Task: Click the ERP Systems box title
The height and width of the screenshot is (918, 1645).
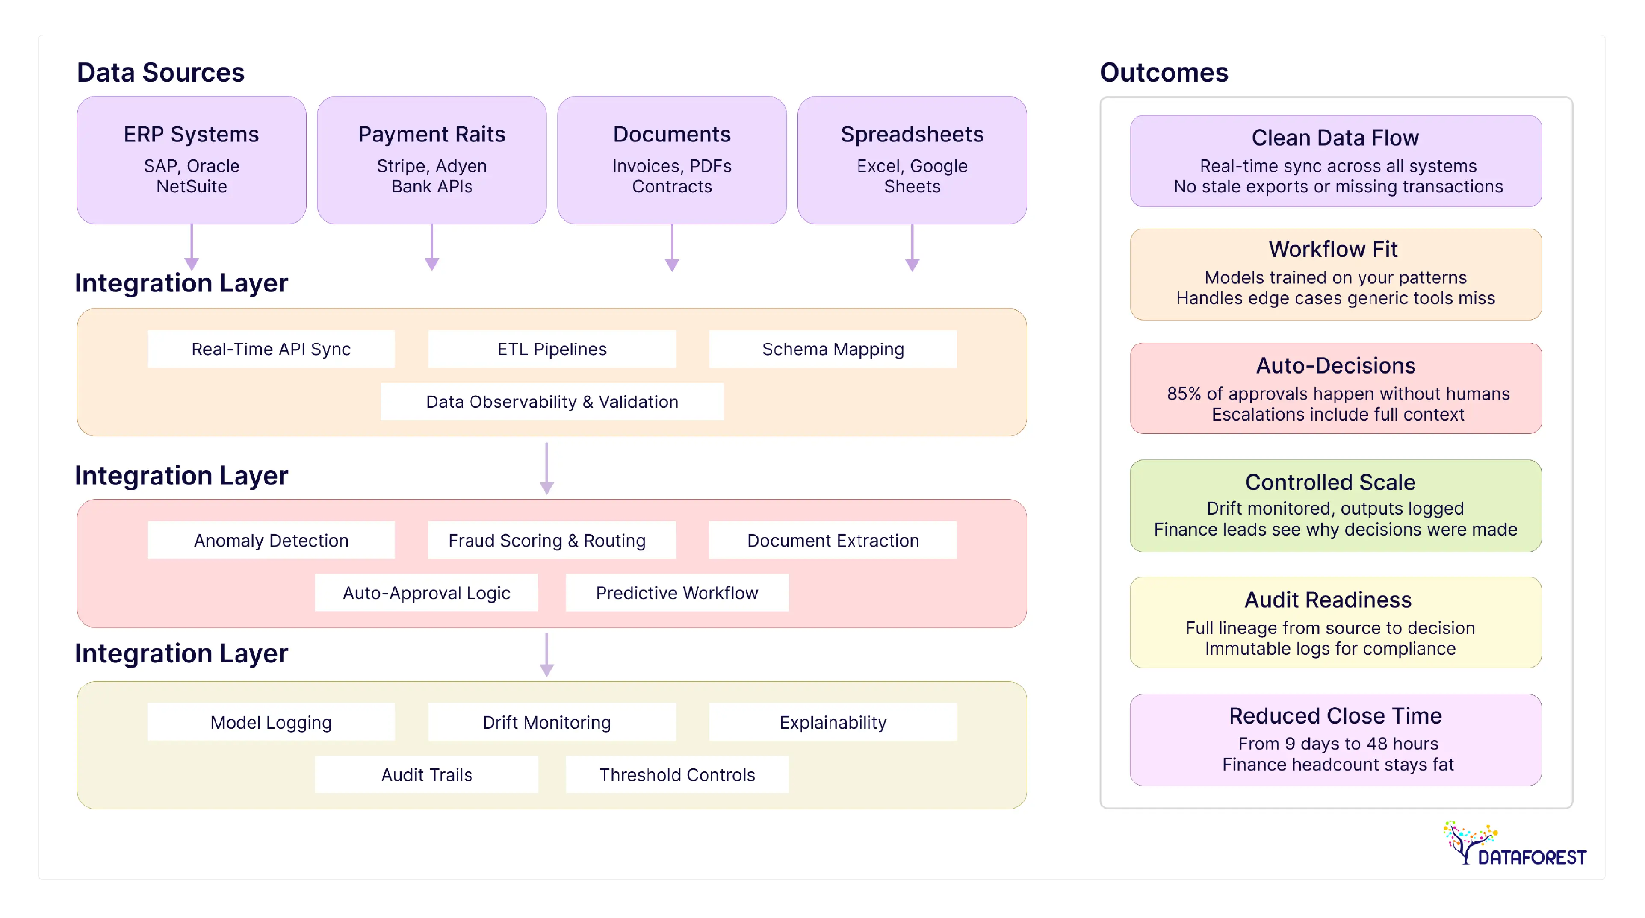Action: coord(191,134)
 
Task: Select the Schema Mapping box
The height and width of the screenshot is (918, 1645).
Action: coord(832,349)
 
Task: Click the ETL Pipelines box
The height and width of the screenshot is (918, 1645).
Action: coord(552,349)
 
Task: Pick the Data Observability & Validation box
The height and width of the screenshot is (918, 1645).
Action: coord(552,402)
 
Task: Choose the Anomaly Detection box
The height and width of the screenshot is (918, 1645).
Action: coord(271,540)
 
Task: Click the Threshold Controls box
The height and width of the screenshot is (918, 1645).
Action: coord(677,774)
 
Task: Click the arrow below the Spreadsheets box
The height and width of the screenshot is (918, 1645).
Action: coord(912,249)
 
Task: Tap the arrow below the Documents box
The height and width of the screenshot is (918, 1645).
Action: coord(672,249)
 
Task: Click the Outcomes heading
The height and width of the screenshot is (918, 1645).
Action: coord(1164,72)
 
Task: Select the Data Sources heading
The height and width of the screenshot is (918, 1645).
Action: coord(160,72)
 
